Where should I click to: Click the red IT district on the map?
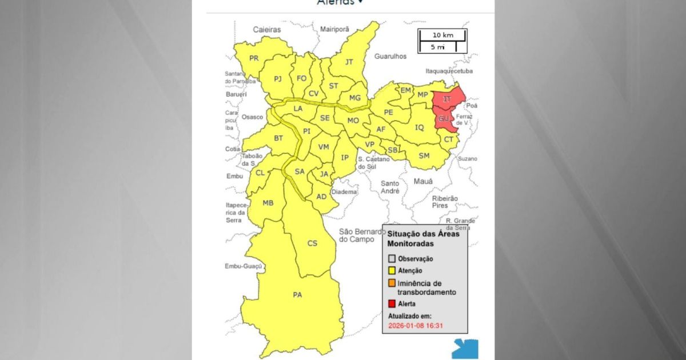(x=448, y=99)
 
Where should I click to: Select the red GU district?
(x=444, y=119)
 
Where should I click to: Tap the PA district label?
(x=297, y=295)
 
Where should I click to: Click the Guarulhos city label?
(x=390, y=57)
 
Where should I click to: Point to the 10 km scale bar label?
(x=442, y=35)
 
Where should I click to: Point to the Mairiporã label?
(x=338, y=29)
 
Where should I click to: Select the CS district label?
(x=313, y=243)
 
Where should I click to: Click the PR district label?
(x=254, y=58)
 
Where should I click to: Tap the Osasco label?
(x=252, y=117)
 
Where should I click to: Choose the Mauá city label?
(x=423, y=181)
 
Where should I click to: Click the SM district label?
(x=424, y=155)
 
